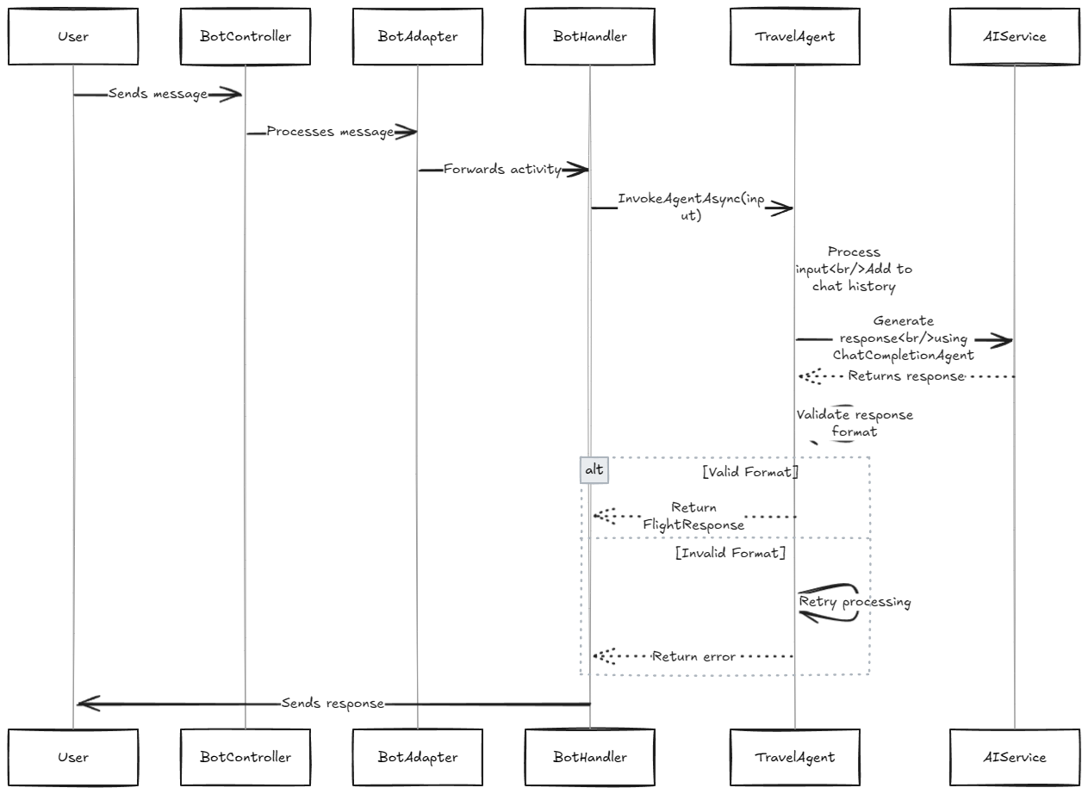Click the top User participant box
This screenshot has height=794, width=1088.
[x=73, y=37]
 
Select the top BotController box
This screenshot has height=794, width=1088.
[x=246, y=37]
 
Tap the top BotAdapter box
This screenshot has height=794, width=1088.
[x=418, y=37]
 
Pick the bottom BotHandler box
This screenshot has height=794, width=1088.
[x=590, y=757]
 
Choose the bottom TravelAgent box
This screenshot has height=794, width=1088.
[x=795, y=757]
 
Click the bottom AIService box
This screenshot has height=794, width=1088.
[x=1015, y=757]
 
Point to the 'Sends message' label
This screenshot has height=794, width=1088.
[x=158, y=94]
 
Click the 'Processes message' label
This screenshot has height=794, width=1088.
[x=330, y=132]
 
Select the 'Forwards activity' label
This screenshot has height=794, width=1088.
[x=502, y=170]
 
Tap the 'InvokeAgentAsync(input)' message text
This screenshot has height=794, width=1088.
[x=690, y=208]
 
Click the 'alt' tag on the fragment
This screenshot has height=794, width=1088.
[x=594, y=470]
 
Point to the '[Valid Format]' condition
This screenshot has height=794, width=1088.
[x=749, y=472]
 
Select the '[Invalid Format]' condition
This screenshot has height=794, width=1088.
[x=731, y=553]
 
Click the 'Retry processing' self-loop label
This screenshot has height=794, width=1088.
[x=855, y=602]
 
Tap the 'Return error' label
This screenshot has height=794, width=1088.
[x=693, y=656]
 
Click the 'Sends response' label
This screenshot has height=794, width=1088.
[x=333, y=704]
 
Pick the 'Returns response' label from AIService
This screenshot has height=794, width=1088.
[x=905, y=375]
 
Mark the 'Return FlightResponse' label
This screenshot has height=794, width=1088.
[x=693, y=516]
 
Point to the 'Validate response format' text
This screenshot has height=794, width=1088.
[x=854, y=423]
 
